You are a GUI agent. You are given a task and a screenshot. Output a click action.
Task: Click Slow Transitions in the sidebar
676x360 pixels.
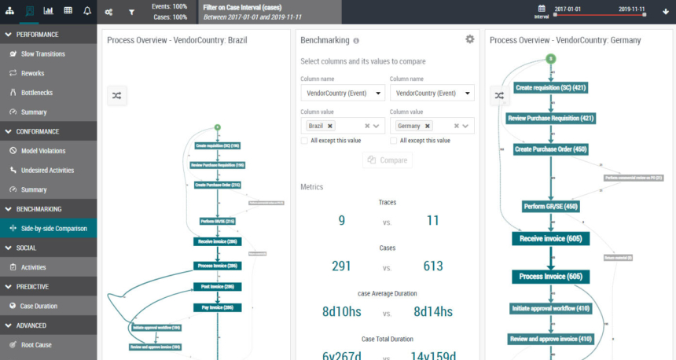pos(43,54)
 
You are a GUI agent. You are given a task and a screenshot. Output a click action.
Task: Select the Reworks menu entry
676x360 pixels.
pos(32,73)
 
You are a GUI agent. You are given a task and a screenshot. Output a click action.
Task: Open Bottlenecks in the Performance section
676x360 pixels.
pos(35,93)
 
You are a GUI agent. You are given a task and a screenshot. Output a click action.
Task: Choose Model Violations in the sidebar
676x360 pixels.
pos(43,151)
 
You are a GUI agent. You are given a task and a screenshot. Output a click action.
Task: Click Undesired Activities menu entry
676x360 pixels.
pos(47,170)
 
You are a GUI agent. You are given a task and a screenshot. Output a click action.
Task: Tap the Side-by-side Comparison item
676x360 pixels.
pos(53,228)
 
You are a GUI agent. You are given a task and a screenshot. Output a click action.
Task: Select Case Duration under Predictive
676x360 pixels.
pos(39,306)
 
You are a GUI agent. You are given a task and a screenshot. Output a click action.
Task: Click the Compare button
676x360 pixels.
pos(388,160)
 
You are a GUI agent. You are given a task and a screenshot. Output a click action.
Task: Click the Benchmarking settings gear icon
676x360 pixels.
pos(470,39)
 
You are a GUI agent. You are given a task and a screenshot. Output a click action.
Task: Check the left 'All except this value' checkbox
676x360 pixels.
pos(305,141)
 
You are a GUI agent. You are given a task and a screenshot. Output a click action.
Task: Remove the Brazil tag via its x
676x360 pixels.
pos(330,126)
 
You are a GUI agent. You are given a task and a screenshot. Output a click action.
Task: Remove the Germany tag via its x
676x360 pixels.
pos(428,126)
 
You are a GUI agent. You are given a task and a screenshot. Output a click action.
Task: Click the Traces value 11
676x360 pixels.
pos(432,221)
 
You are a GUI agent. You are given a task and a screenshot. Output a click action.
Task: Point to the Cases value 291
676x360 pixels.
pos(341,266)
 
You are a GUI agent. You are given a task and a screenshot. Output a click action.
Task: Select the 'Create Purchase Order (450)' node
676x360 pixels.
pos(550,149)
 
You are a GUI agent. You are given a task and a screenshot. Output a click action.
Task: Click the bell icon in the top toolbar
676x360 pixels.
pos(86,11)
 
